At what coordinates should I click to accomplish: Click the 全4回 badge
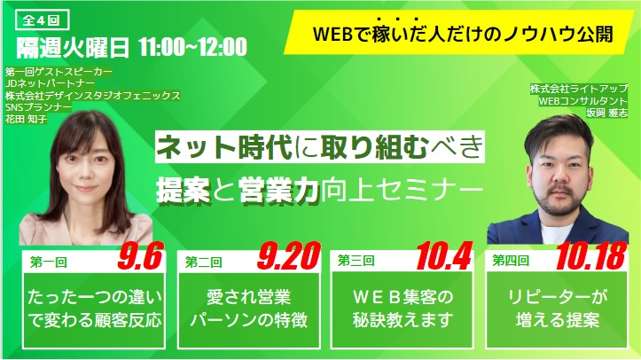(42, 20)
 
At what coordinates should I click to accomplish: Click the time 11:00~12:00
(192, 47)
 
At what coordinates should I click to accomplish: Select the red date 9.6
(141, 255)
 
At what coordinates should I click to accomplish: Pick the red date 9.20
(289, 255)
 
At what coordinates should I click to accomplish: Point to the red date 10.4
(444, 255)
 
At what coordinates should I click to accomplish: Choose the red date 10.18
(591, 255)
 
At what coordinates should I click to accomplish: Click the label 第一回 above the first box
(48, 262)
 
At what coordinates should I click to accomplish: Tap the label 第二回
(203, 262)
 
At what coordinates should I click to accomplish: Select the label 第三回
(356, 261)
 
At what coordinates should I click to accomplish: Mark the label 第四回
(511, 261)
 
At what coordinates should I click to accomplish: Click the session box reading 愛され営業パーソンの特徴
(248, 310)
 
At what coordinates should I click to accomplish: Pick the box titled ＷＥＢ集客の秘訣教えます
(403, 310)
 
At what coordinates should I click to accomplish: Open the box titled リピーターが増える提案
(557, 310)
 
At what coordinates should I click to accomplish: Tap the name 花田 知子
(26, 120)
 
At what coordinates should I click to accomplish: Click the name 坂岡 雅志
(606, 113)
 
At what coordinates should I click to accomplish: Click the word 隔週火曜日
(73, 48)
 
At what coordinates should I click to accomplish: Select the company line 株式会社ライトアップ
(578, 89)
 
